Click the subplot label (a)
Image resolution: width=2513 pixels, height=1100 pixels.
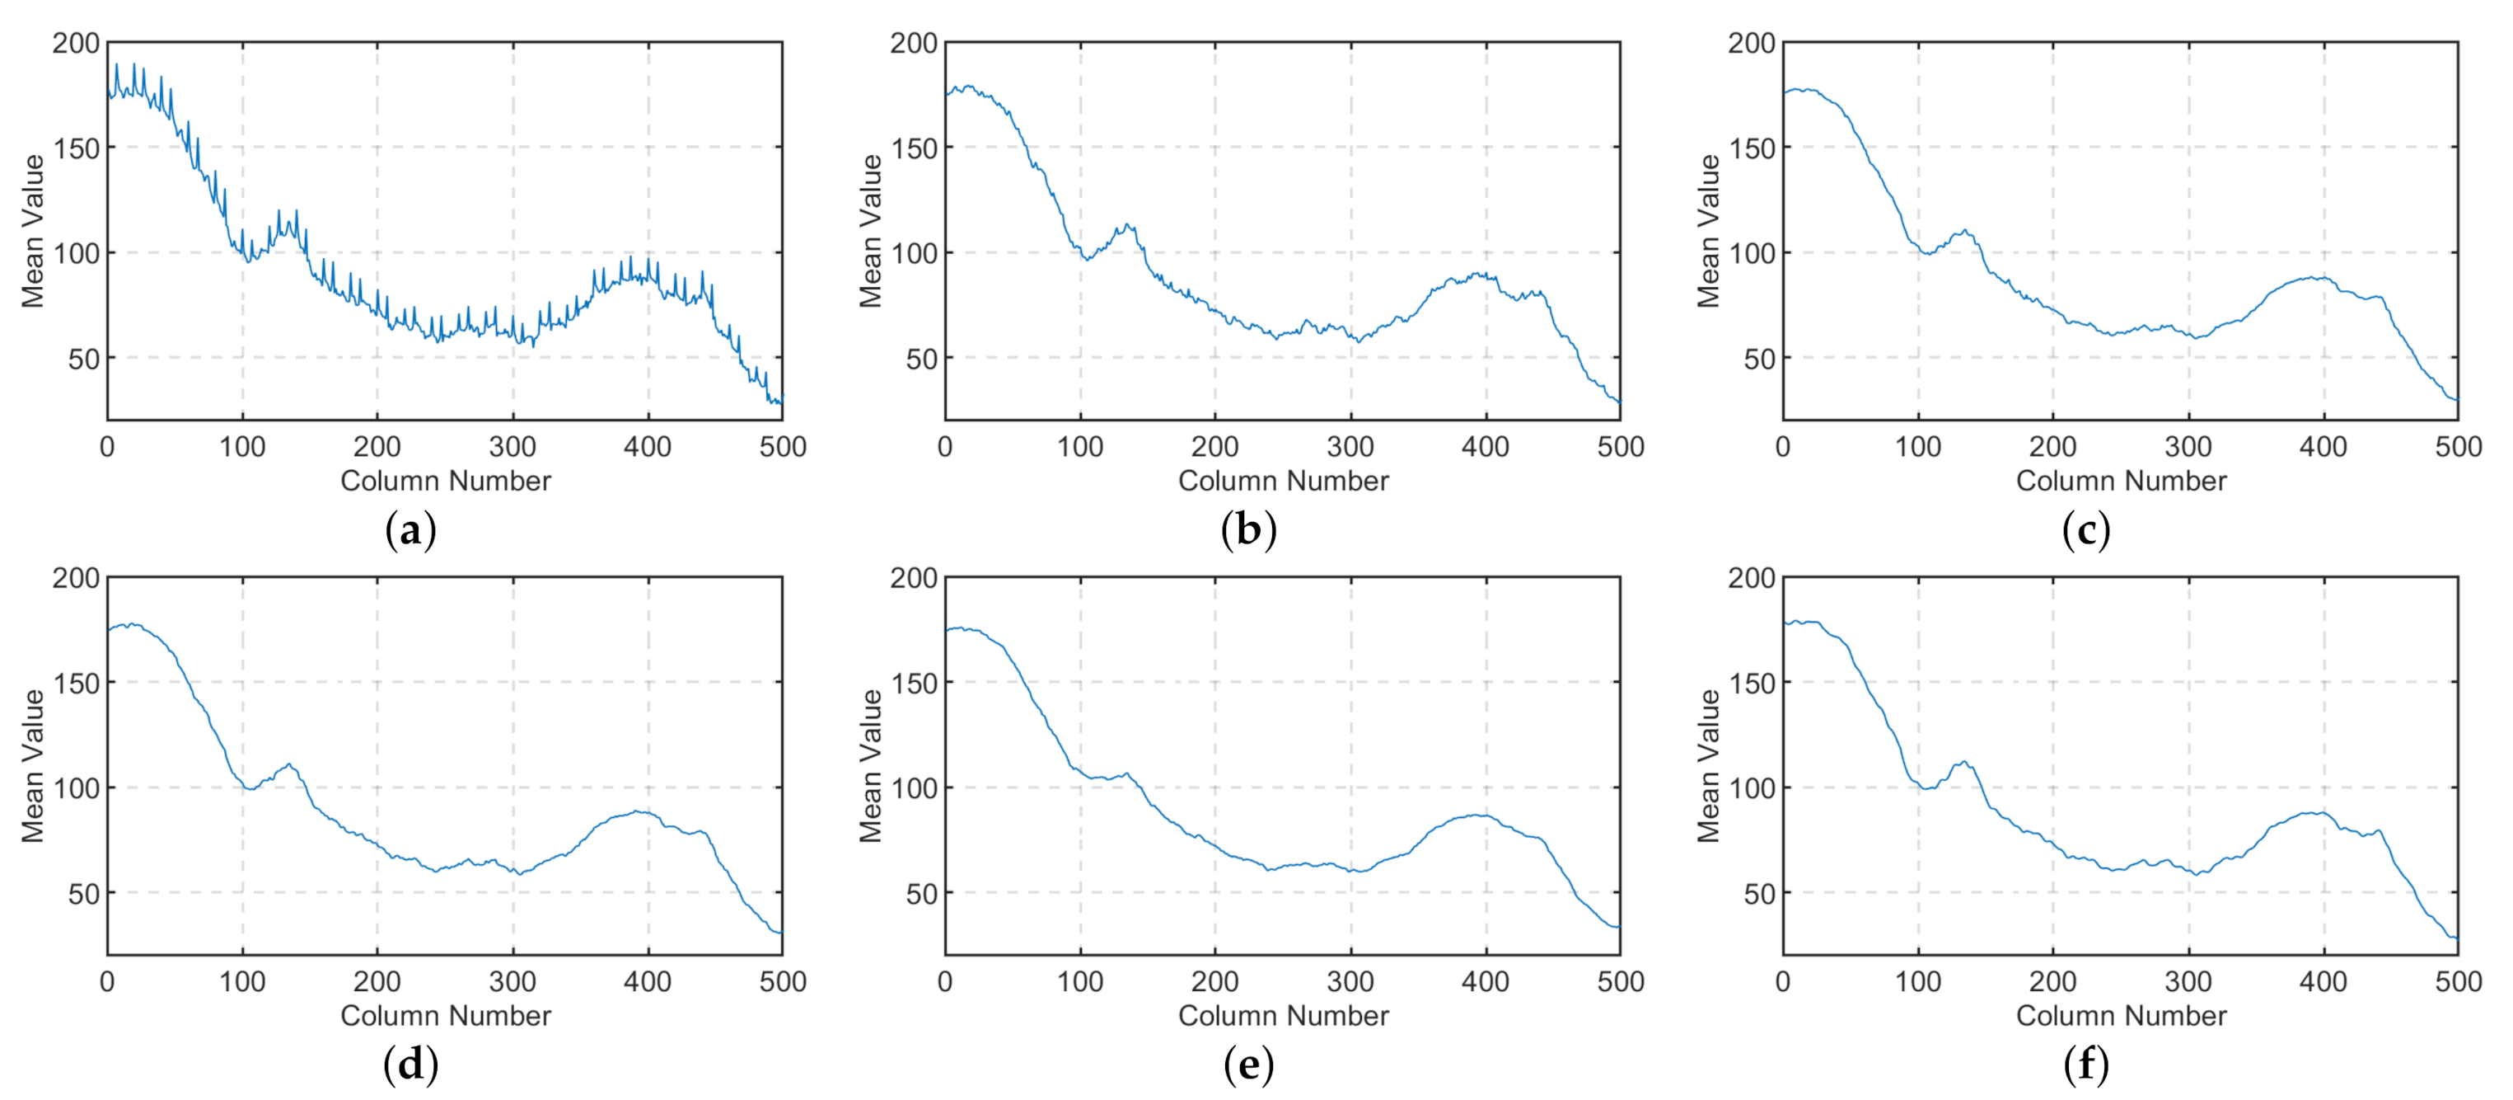tap(410, 530)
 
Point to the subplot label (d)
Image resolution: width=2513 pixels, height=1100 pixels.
tap(410, 1064)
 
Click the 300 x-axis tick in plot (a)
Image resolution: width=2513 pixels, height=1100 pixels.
tap(512, 447)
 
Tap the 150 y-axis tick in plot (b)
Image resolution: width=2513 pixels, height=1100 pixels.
tap(914, 148)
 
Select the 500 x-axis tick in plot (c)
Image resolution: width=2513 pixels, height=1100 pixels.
tap(2458, 447)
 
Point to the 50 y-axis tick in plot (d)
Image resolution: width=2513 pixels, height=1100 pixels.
tap(84, 893)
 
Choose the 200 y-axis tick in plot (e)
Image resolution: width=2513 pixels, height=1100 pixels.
tap(914, 578)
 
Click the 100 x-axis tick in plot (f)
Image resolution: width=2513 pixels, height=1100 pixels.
tap(1918, 982)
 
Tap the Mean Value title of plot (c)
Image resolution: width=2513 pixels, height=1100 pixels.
tap(1708, 232)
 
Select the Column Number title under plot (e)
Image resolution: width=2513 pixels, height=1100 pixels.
tap(1283, 1015)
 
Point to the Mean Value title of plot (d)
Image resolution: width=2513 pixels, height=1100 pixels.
tap(33, 766)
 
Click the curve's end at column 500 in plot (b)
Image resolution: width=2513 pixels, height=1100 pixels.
tap(1618, 401)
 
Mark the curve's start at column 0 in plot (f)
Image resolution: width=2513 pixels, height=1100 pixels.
tap(1785, 622)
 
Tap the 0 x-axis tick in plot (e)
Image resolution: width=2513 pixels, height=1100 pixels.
tap(944, 982)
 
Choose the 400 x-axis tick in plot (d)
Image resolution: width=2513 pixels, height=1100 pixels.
tap(648, 982)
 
